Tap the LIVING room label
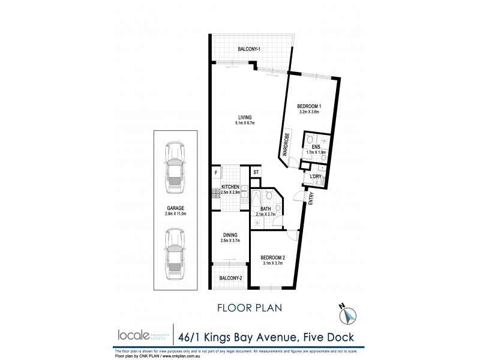click(x=244, y=117)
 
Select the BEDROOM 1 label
click(x=310, y=106)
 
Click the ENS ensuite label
click(x=316, y=146)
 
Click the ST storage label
click(x=256, y=173)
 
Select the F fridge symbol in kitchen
click(x=215, y=173)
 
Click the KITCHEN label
click(x=231, y=187)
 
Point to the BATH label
click(x=264, y=208)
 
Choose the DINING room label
click(x=230, y=235)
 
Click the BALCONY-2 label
click(x=230, y=278)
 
